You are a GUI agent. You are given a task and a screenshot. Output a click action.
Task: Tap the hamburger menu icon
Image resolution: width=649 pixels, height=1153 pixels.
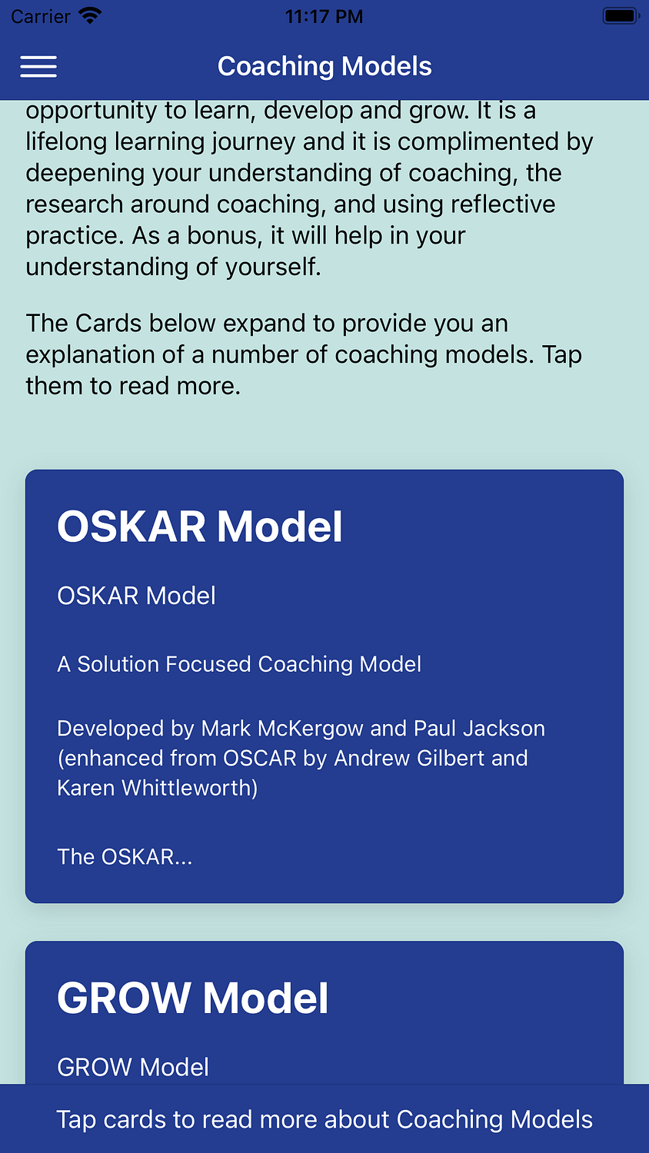[38, 66]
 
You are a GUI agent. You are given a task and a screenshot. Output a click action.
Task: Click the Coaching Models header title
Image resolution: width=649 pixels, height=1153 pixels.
[324, 66]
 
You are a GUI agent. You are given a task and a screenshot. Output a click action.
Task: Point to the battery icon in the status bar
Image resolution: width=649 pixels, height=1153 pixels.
[621, 16]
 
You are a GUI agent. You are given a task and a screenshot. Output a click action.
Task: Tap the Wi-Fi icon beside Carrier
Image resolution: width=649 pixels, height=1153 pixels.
[90, 16]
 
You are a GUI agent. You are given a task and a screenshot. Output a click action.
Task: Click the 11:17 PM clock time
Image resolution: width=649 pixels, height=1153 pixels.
[324, 16]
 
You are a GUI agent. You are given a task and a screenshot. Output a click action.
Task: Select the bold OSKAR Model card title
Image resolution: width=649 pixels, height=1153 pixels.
[199, 527]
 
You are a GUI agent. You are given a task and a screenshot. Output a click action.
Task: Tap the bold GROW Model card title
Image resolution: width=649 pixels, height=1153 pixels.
[193, 998]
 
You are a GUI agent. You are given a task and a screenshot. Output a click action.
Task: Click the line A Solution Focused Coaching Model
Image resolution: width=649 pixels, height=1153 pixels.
[239, 664]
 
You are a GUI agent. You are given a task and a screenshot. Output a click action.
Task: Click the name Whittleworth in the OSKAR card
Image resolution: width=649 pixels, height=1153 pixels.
[190, 788]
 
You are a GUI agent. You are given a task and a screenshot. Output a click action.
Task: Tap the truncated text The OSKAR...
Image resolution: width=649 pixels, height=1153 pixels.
[125, 857]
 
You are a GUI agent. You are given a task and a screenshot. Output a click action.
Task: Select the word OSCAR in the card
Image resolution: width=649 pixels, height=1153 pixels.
[260, 758]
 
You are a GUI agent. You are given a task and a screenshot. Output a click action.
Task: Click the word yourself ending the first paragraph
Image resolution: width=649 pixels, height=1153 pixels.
[273, 267]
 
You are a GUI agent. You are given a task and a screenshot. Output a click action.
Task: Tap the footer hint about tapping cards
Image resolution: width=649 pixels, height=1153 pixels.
[324, 1119]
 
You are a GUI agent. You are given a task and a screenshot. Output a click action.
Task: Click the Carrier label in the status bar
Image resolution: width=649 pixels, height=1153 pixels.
[41, 16]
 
